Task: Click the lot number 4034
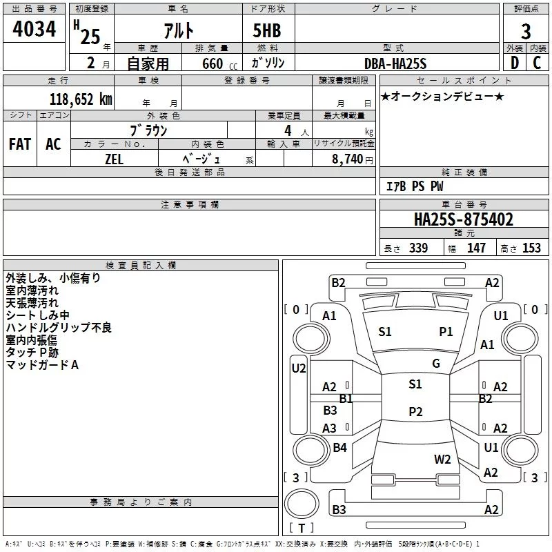tap(34, 29)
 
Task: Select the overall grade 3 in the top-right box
tap(526, 32)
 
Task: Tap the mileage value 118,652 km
tap(81, 99)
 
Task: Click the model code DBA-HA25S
tap(395, 63)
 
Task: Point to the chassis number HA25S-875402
tap(464, 219)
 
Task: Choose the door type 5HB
tap(267, 30)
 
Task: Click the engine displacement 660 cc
tap(219, 64)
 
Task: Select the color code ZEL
tap(114, 159)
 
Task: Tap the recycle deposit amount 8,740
tap(348, 159)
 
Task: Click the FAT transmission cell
tap(20, 144)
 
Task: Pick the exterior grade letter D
tap(515, 63)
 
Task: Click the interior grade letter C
tap(537, 63)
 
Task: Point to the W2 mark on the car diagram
tap(442, 460)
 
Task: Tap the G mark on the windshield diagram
tap(436, 364)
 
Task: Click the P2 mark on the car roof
tap(415, 411)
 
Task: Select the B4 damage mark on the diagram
tap(339, 447)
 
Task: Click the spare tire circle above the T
tap(302, 504)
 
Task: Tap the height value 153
tap(531, 248)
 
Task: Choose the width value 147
tap(476, 248)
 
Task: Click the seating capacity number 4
tap(288, 130)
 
